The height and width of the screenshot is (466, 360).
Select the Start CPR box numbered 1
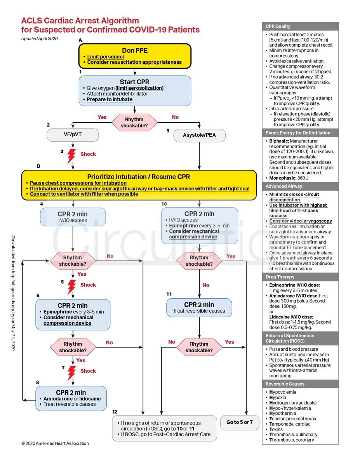coord(135,90)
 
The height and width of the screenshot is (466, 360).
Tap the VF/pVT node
coord(73,135)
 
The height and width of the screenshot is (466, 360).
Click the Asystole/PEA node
coord(199,135)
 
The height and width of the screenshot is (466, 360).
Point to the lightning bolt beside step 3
coord(71,155)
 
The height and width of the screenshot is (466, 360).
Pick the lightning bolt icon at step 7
coord(71,372)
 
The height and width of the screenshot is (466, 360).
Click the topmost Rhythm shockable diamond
coord(134,122)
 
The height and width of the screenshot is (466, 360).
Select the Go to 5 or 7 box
coord(239,422)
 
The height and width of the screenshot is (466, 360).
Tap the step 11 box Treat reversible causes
coord(199,308)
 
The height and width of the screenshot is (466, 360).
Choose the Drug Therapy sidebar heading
coord(280,277)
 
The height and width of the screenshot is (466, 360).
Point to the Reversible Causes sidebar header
coord(285,384)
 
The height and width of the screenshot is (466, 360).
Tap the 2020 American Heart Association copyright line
coord(55,443)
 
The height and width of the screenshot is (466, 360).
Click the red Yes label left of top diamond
coord(102,117)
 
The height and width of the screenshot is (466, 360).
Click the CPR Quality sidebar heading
coord(278,26)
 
